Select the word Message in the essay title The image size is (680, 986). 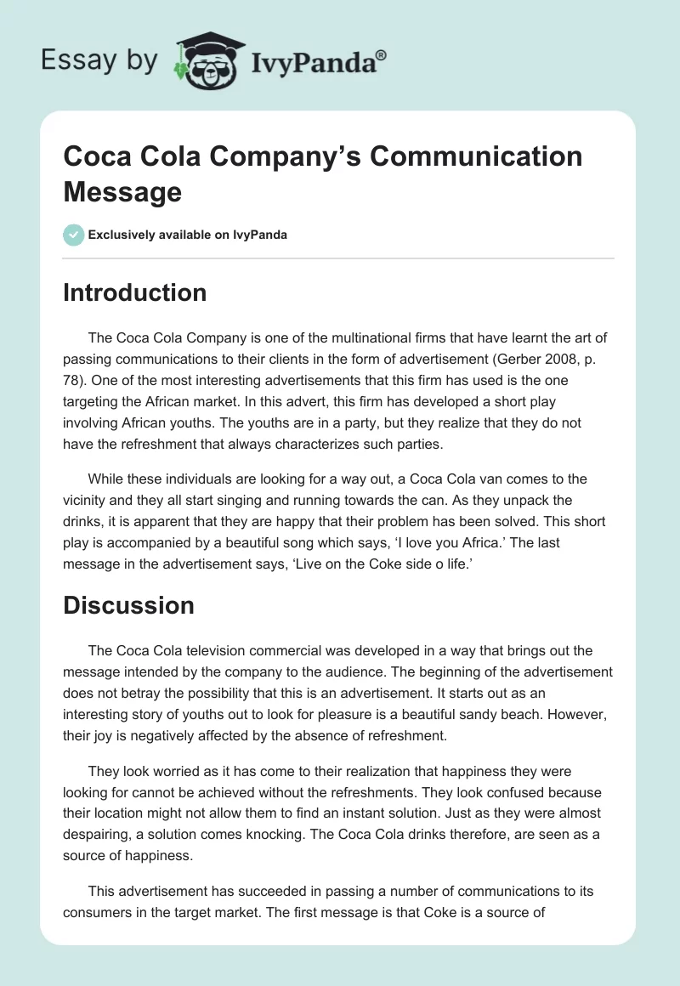[122, 191]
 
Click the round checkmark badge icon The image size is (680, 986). [74, 235]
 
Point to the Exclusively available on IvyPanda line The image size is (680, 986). [188, 235]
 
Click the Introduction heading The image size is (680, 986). [134, 292]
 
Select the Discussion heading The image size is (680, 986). [128, 605]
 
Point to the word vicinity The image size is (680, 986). [88, 501]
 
